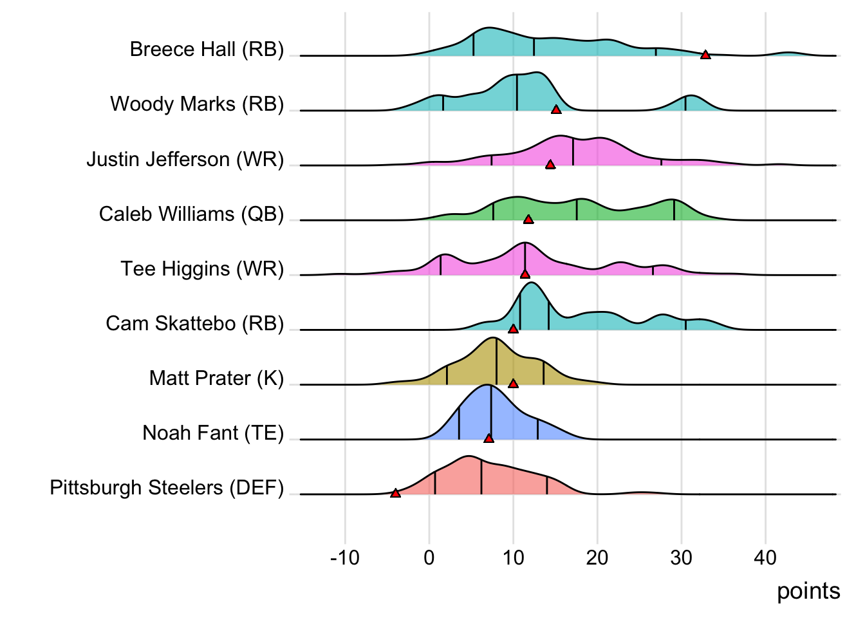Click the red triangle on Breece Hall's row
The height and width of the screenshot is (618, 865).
[x=705, y=55]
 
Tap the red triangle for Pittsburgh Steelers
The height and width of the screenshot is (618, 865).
[x=395, y=493]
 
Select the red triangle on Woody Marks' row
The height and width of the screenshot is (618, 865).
[x=556, y=109]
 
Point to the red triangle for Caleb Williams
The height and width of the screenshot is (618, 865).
[x=528, y=220]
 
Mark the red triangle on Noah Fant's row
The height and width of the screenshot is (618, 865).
[x=488, y=438]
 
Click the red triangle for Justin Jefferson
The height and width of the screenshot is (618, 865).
[x=550, y=165]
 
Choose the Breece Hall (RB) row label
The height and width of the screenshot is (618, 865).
[x=207, y=50]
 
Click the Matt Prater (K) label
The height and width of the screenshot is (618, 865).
[x=216, y=378]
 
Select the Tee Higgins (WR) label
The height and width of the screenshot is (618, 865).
[x=202, y=268]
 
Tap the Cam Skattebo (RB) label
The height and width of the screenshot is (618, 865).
[x=194, y=323]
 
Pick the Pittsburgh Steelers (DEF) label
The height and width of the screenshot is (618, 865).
[x=167, y=487]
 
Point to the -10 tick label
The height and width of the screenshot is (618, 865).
[x=345, y=557]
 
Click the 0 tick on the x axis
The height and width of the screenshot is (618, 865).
[x=429, y=557]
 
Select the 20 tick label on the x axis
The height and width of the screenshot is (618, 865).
[x=597, y=557]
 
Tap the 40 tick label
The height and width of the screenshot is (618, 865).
[x=765, y=557]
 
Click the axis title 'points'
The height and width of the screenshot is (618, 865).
[x=808, y=591]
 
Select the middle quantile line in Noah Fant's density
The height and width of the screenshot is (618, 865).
[x=491, y=412]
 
